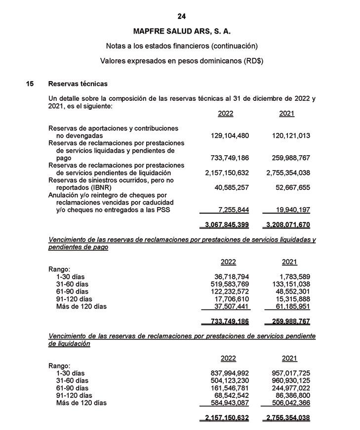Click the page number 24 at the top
(182, 16)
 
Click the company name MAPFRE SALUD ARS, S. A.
(182, 31)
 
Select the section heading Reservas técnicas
(78, 84)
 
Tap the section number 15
(30, 84)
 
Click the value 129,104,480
(227, 135)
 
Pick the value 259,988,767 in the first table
(291, 158)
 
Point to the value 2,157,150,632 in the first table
(227, 173)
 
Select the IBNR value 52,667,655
(291, 188)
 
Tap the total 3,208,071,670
(288, 225)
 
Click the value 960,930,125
(291, 381)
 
